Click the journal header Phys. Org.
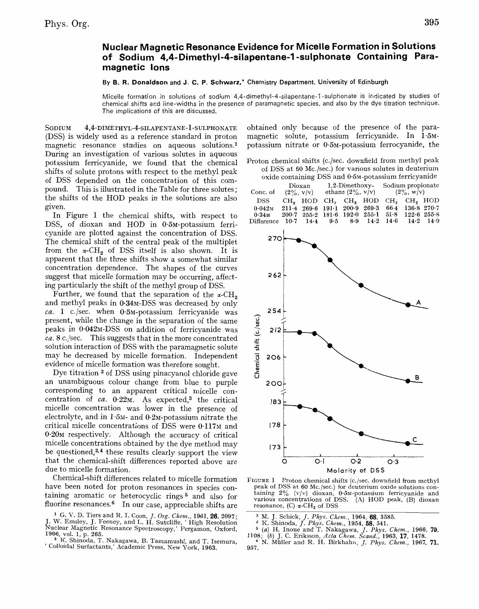pos(67,24)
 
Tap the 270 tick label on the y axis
pos(274,239)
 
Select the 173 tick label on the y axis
pos(275,447)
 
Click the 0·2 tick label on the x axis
pos(356,462)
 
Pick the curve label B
pos(417,377)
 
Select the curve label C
pos(415,439)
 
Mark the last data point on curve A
pos(407,305)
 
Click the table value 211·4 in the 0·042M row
pos(289,208)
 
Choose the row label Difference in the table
pos(264,221)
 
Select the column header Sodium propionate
pos(411,185)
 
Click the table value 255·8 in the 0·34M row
pos(431,215)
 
